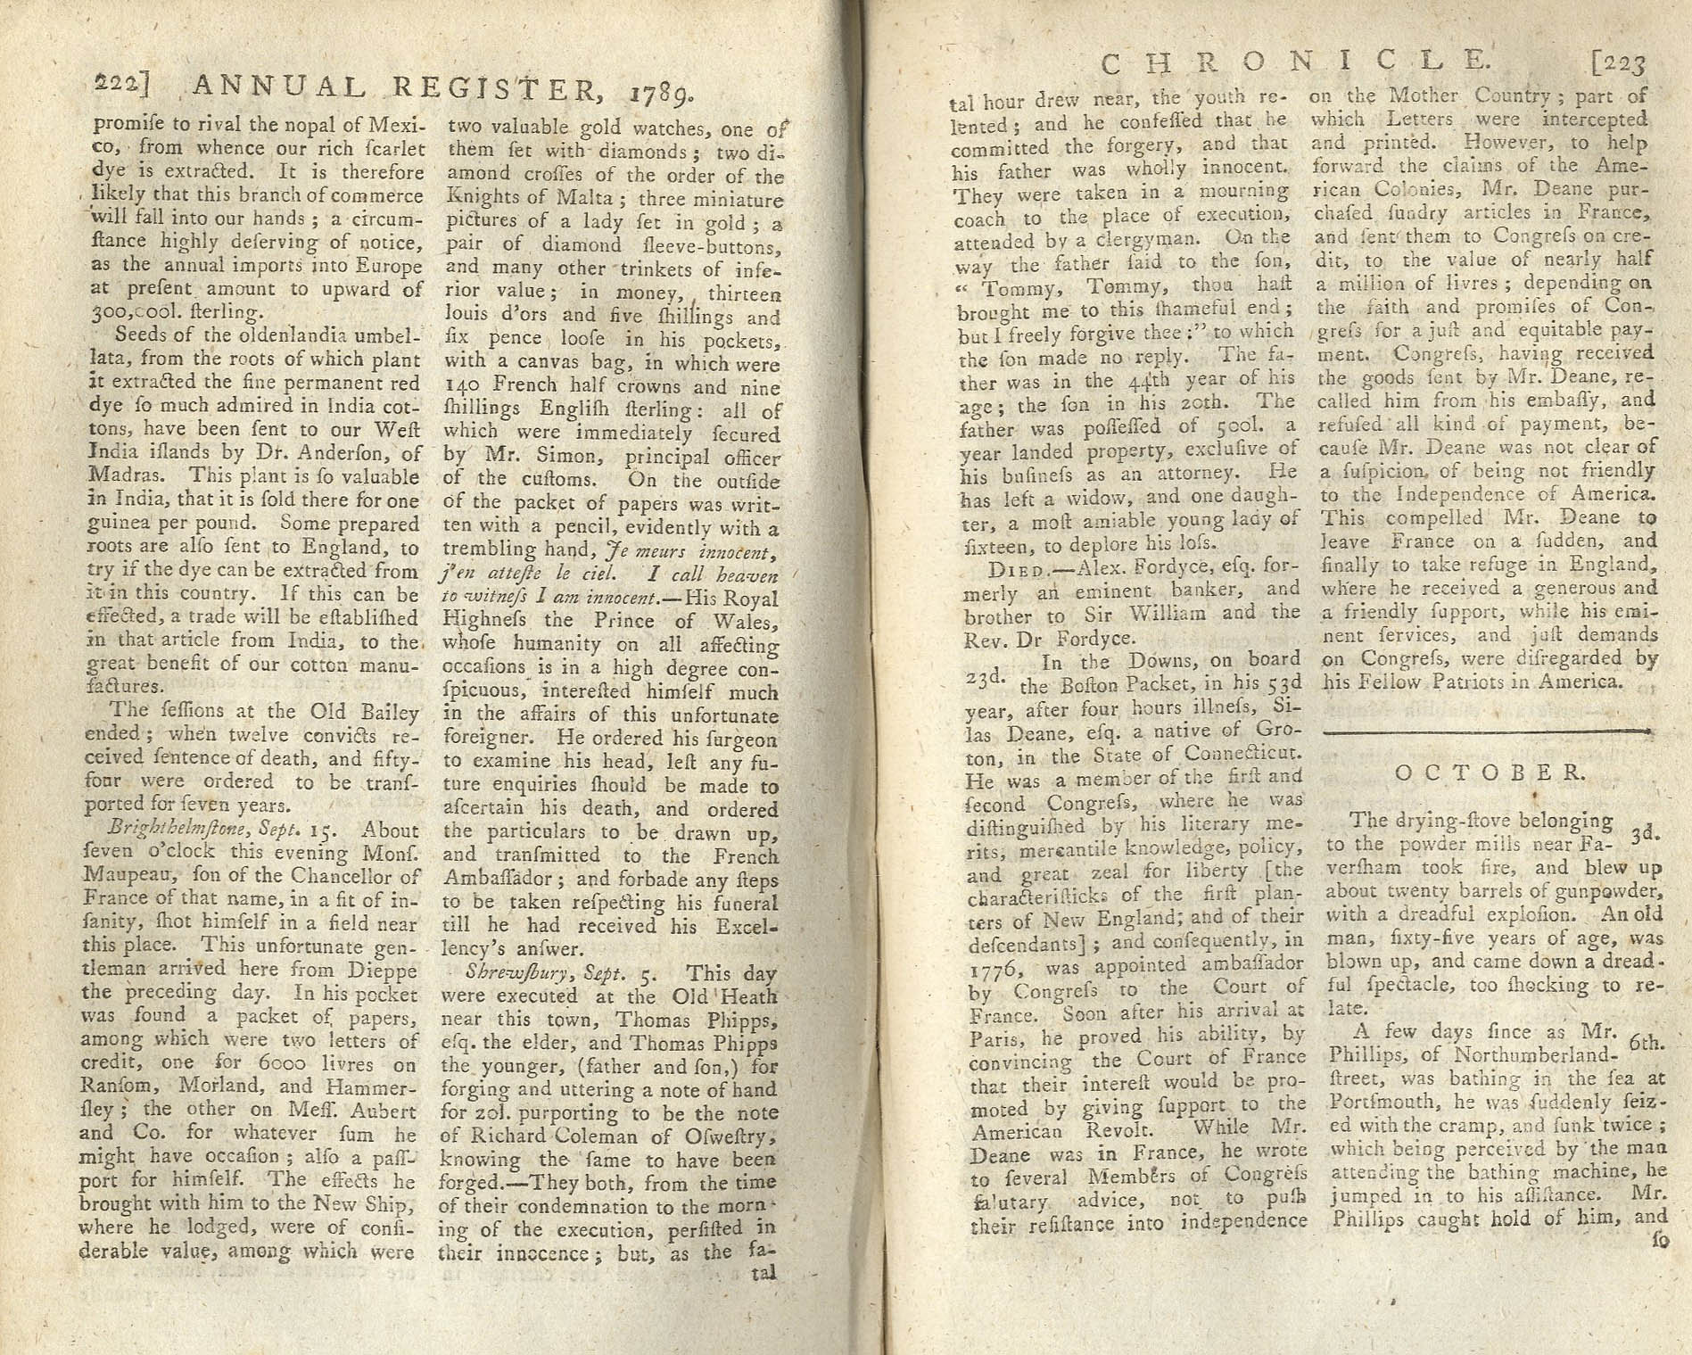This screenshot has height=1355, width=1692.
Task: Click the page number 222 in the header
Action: coord(120,85)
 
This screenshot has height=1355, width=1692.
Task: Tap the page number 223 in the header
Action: coord(1616,63)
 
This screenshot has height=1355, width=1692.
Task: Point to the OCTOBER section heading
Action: coord(1489,773)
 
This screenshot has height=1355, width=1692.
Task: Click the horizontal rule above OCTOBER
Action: coord(1485,731)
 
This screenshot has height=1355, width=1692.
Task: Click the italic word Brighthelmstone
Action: coord(155,831)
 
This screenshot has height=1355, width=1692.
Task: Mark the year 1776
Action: coord(986,966)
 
